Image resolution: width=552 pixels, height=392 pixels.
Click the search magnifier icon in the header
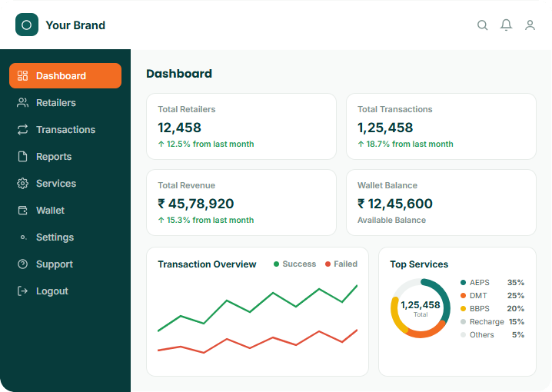point(482,25)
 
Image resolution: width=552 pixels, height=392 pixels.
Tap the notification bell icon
point(506,25)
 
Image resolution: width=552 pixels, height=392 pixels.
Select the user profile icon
point(530,25)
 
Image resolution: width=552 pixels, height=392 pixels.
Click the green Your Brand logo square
point(27,25)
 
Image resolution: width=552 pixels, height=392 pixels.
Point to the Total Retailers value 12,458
point(179,128)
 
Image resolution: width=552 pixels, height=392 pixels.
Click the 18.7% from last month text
point(410,144)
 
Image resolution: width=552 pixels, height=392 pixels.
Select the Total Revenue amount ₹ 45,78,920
point(196,204)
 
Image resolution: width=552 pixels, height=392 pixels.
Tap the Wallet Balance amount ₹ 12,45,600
point(395,204)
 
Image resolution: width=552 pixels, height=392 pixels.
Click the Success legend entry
point(294,264)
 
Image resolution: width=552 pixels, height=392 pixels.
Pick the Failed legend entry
point(341,264)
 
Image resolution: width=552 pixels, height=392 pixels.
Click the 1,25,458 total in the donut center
point(421,304)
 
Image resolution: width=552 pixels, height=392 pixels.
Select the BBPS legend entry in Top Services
point(475,308)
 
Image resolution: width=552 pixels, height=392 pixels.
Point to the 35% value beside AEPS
point(516,283)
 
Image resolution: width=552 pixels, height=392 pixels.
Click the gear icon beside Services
point(22,184)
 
